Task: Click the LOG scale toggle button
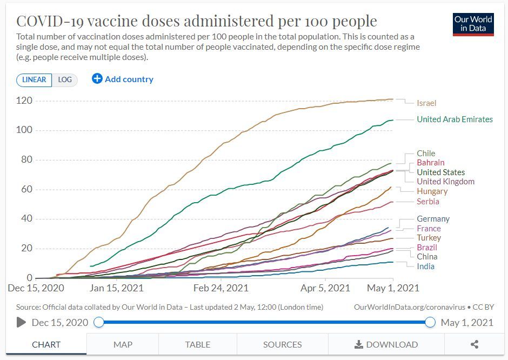tap(65, 79)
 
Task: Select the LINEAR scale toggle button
tap(35, 79)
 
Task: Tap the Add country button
tap(123, 79)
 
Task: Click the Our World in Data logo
tap(473, 24)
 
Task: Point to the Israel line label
tap(426, 103)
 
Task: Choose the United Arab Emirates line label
tap(454, 119)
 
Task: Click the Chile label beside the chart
tap(426, 154)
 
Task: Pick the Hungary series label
tap(432, 191)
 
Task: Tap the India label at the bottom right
tap(425, 266)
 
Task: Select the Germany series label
tap(433, 219)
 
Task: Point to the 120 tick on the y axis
tap(24, 101)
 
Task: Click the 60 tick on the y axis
tap(26, 189)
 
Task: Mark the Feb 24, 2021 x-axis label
tap(221, 288)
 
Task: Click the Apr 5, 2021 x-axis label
tap(324, 288)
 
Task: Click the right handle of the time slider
tap(430, 323)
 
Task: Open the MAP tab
tap(123, 344)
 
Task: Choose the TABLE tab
tap(198, 344)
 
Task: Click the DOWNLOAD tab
tap(386, 344)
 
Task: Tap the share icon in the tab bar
tap(474, 344)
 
